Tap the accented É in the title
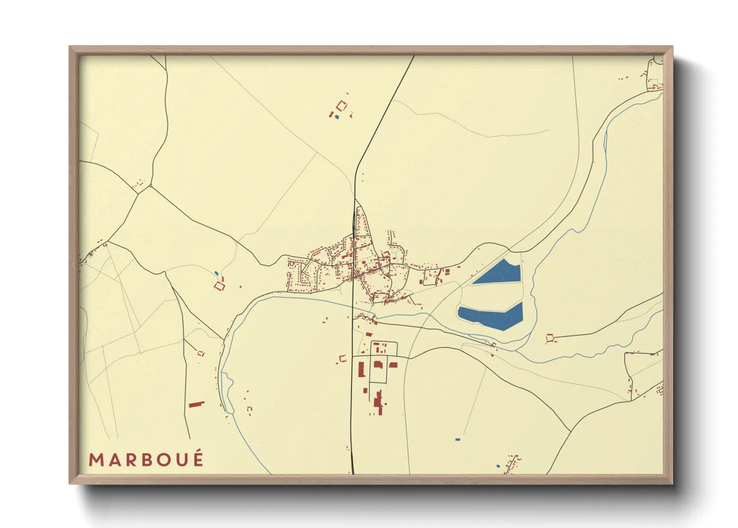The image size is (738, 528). click(x=198, y=459)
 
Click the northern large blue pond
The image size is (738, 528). click(x=498, y=273)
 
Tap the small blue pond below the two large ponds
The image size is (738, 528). click(x=457, y=440)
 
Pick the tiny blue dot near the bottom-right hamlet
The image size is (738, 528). click(x=498, y=466)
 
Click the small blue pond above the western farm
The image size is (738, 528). click(x=216, y=272)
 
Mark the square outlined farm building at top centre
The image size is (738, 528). click(x=342, y=106)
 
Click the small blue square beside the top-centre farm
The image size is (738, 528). click(x=337, y=117)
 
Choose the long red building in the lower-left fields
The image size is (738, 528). click(x=196, y=404)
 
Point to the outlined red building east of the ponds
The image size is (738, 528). click(x=550, y=338)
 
